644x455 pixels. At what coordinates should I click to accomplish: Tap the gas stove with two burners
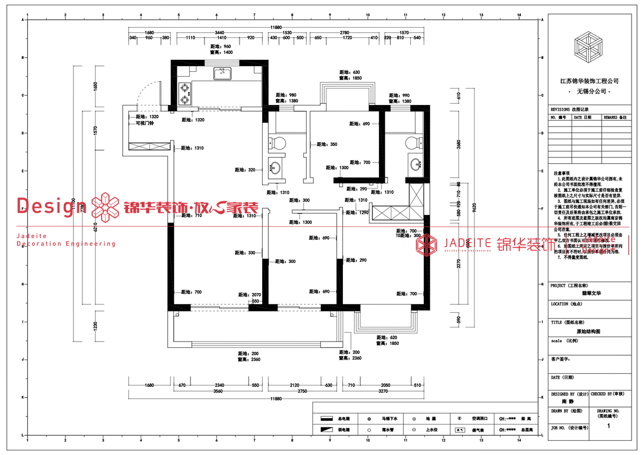click(184, 94)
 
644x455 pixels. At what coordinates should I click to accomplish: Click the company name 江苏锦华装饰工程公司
click(589, 81)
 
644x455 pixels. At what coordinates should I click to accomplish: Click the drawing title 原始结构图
click(589, 333)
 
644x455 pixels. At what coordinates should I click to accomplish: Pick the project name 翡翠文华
click(589, 294)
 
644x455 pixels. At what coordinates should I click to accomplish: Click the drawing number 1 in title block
click(608, 427)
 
